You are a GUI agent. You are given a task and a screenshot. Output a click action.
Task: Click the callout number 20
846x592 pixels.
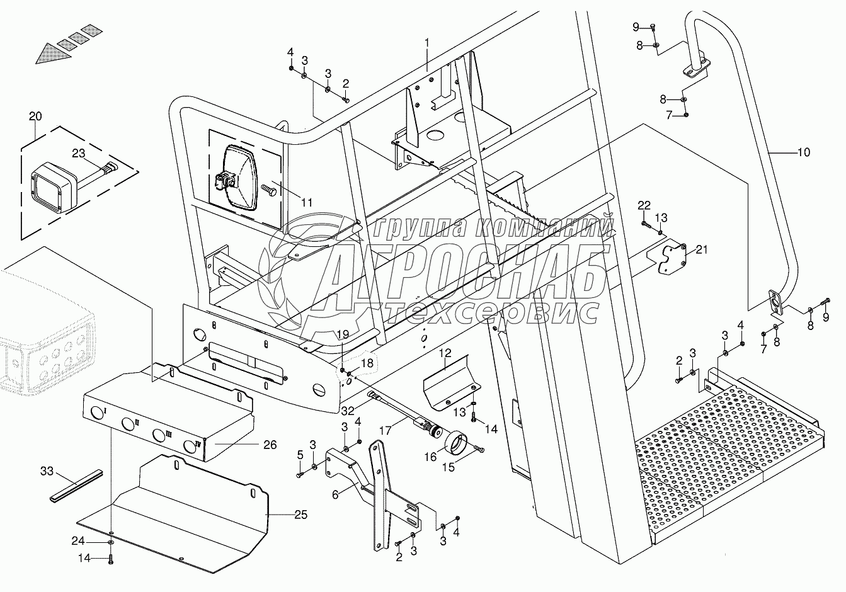tap(35, 116)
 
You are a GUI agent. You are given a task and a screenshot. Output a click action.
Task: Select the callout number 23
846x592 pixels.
tap(78, 152)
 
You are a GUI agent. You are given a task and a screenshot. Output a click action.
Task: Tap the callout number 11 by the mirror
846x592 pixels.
tap(306, 202)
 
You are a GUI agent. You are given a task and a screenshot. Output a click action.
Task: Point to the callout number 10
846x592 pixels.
tap(804, 152)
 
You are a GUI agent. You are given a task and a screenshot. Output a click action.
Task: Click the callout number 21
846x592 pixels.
tap(702, 250)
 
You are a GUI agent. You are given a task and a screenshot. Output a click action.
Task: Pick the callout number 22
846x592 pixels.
tap(643, 205)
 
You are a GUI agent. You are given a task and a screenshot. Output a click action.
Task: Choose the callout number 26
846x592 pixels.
tap(270, 445)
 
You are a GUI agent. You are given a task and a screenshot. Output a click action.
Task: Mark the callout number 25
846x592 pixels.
tap(300, 515)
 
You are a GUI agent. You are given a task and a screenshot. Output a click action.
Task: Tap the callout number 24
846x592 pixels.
tap(77, 541)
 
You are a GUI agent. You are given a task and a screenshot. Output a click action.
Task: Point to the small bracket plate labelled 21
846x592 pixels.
tap(672, 256)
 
